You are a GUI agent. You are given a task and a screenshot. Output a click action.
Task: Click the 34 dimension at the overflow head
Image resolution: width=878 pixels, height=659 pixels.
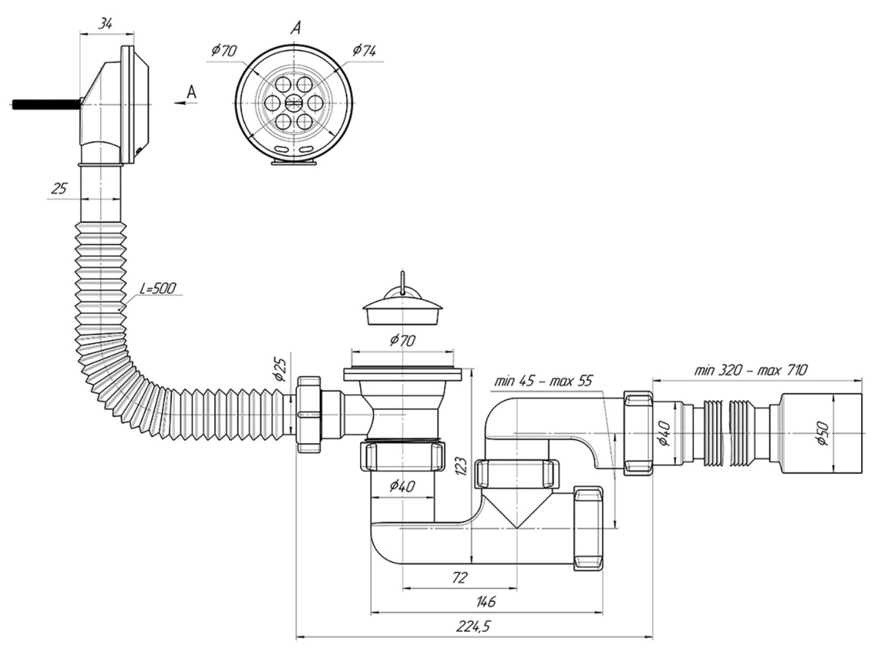[105, 24]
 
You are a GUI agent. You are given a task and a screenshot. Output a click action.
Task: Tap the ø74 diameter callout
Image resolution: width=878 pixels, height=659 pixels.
[364, 50]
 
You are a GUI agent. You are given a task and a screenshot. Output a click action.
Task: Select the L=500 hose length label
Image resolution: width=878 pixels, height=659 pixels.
[157, 288]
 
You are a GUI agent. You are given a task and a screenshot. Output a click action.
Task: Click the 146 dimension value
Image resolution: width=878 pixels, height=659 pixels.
[485, 601]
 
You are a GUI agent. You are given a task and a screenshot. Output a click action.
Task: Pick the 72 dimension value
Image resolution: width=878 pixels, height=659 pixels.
[459, 578]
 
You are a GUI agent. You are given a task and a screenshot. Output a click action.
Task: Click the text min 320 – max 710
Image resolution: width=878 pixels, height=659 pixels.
[751, 370]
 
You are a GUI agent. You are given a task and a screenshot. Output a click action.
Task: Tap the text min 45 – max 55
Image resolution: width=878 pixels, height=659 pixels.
[543, 380]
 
